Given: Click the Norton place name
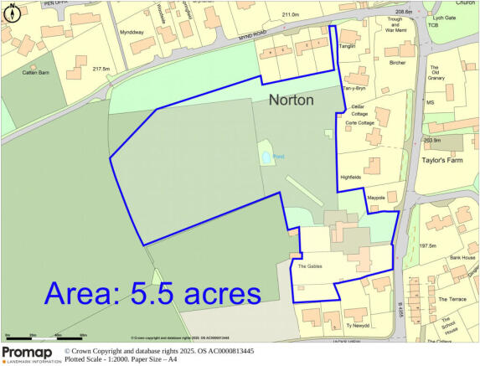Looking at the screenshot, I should (291, 101).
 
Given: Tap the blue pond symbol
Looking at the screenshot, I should (266, 157).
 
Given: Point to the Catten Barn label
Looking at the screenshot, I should (37, 73).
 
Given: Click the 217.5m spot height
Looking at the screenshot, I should (102, 69).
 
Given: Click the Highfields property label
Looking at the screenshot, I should (350, 178).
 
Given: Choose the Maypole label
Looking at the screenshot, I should (375, 198).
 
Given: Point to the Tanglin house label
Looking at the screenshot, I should (348, 47).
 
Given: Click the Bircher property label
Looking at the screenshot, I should (398, 62).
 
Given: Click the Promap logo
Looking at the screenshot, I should (31, 353).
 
